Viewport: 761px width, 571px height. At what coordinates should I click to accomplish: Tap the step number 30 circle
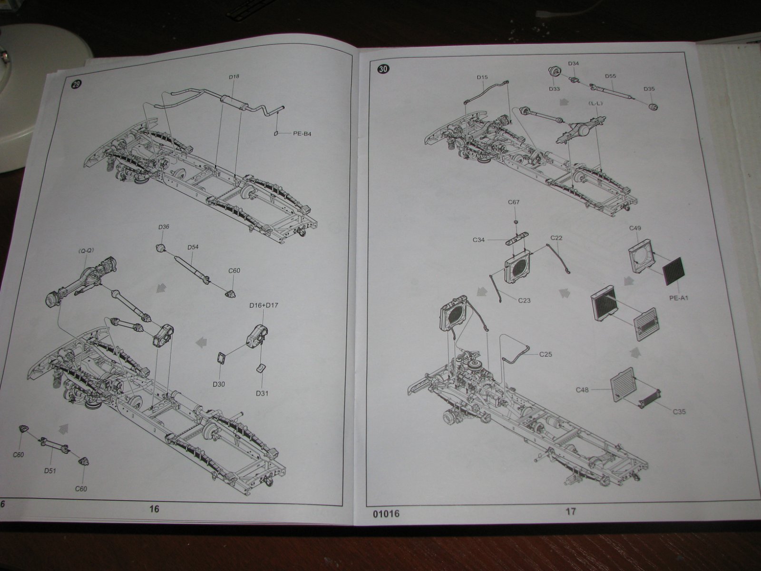pos(383,69)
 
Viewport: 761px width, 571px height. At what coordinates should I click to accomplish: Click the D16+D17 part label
pos(263,305)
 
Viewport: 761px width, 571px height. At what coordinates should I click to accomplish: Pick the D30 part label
pos(219,384)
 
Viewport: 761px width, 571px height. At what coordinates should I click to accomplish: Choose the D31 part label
pos(262,393)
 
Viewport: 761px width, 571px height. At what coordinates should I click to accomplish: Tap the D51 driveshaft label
pos(50,471)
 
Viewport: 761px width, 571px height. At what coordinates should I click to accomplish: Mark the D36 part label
pos(164,227)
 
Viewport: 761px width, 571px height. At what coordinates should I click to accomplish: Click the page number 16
pos(154,509)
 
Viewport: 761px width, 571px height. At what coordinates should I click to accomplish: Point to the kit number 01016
pos(386,513)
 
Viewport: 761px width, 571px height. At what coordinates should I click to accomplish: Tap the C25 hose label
pos(546,354)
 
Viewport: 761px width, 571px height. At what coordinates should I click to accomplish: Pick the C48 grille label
pos(582,390)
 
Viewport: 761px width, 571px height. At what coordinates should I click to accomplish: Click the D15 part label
pos(482,77)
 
